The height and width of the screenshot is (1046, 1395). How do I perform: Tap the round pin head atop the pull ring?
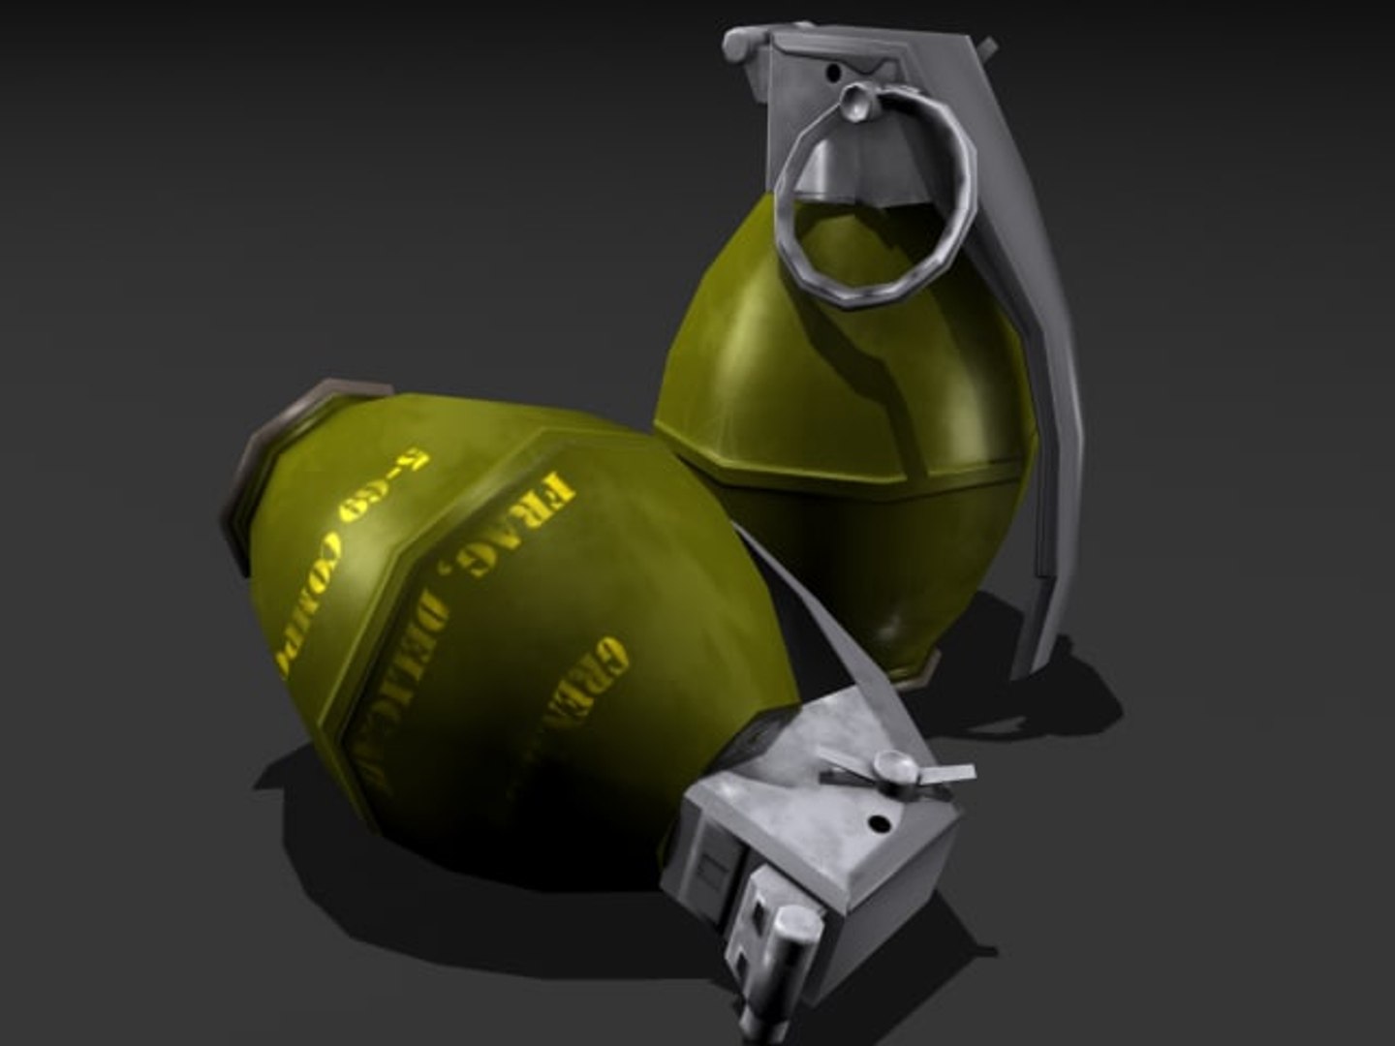[856, 100]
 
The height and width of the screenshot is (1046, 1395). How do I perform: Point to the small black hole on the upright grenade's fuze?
[831, 70]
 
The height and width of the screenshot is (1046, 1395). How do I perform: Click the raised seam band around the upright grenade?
[843, 475]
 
